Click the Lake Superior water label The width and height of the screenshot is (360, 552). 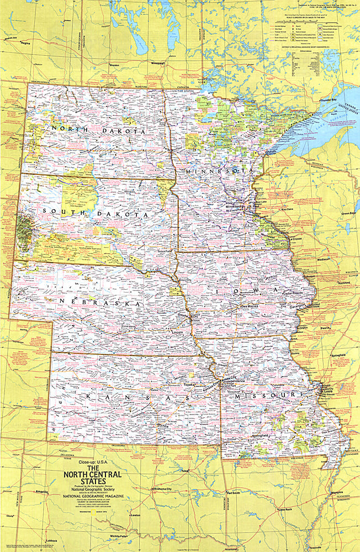click(321, 123)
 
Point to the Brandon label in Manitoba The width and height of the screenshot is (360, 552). click(115, 65)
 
